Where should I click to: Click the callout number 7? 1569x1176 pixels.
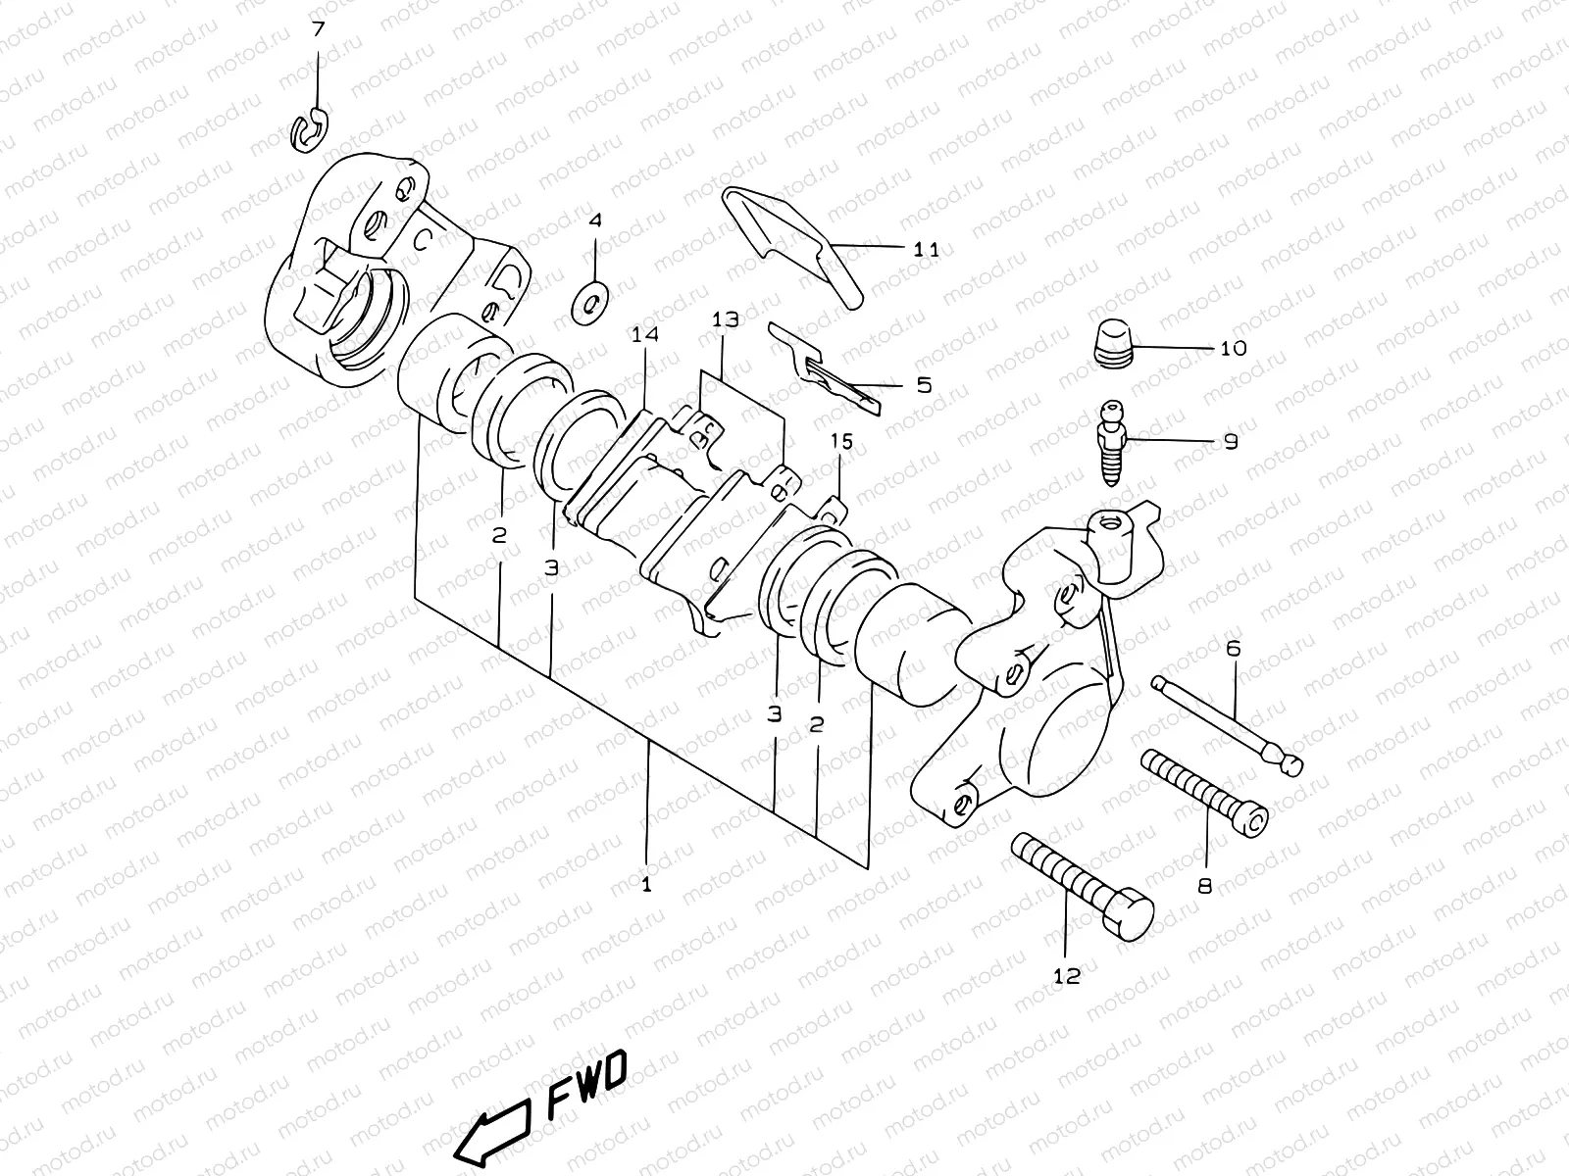tap(317, 29)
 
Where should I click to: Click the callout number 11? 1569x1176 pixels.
tap(926, 249)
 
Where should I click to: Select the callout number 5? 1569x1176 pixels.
tap(924, 385)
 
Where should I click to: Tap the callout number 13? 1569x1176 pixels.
tap(726, 319)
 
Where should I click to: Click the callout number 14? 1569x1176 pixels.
tap(644, 335)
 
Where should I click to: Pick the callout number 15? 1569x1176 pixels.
tap(842, 442)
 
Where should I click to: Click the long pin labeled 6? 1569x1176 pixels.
tap(1226, 723)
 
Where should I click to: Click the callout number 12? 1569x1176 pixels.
tap(1066, 976)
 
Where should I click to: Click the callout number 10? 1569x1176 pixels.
tap(1233, 348)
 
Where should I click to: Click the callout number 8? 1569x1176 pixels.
tap(1204, 886)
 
